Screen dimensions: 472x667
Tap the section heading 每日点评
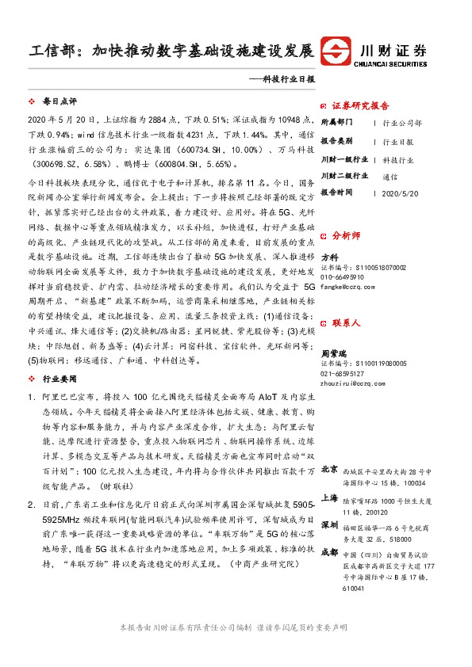point(59,102)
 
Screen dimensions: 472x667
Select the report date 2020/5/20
point(398,192)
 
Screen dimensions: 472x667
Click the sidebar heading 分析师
point(346,236)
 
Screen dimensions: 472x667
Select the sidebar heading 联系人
point(346,323)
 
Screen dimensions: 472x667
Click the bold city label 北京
point(329,470)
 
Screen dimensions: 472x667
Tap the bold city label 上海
point(329,498)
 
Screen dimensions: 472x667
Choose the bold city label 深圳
point(329,525)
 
